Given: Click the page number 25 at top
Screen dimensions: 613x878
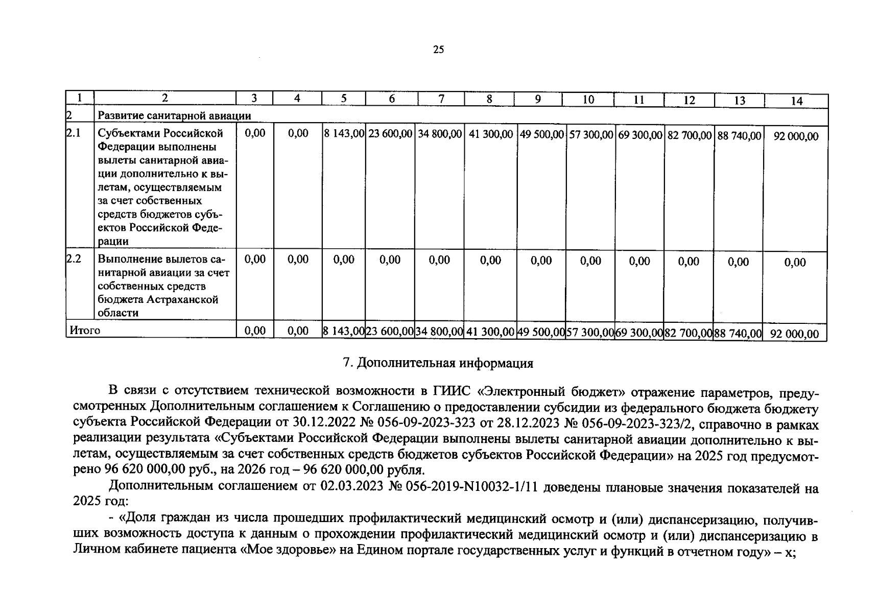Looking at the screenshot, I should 438,50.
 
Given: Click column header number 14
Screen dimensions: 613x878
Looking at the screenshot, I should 796,101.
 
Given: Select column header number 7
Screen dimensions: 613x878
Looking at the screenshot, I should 441,99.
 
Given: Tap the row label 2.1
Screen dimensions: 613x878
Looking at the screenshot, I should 74,133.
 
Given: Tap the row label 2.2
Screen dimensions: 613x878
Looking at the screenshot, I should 74,259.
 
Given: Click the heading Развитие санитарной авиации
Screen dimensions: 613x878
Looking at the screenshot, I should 174,116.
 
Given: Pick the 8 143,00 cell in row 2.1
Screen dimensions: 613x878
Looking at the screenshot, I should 343,134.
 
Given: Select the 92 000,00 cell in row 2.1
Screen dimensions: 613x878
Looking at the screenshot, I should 796,136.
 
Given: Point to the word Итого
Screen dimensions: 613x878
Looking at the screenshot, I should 85,331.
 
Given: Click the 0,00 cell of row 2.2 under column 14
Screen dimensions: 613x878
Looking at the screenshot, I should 795,263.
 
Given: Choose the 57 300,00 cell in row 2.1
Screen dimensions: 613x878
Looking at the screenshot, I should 590,135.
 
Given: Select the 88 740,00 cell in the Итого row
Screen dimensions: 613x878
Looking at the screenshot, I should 738,334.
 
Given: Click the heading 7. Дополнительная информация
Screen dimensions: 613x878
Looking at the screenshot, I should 438,363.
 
